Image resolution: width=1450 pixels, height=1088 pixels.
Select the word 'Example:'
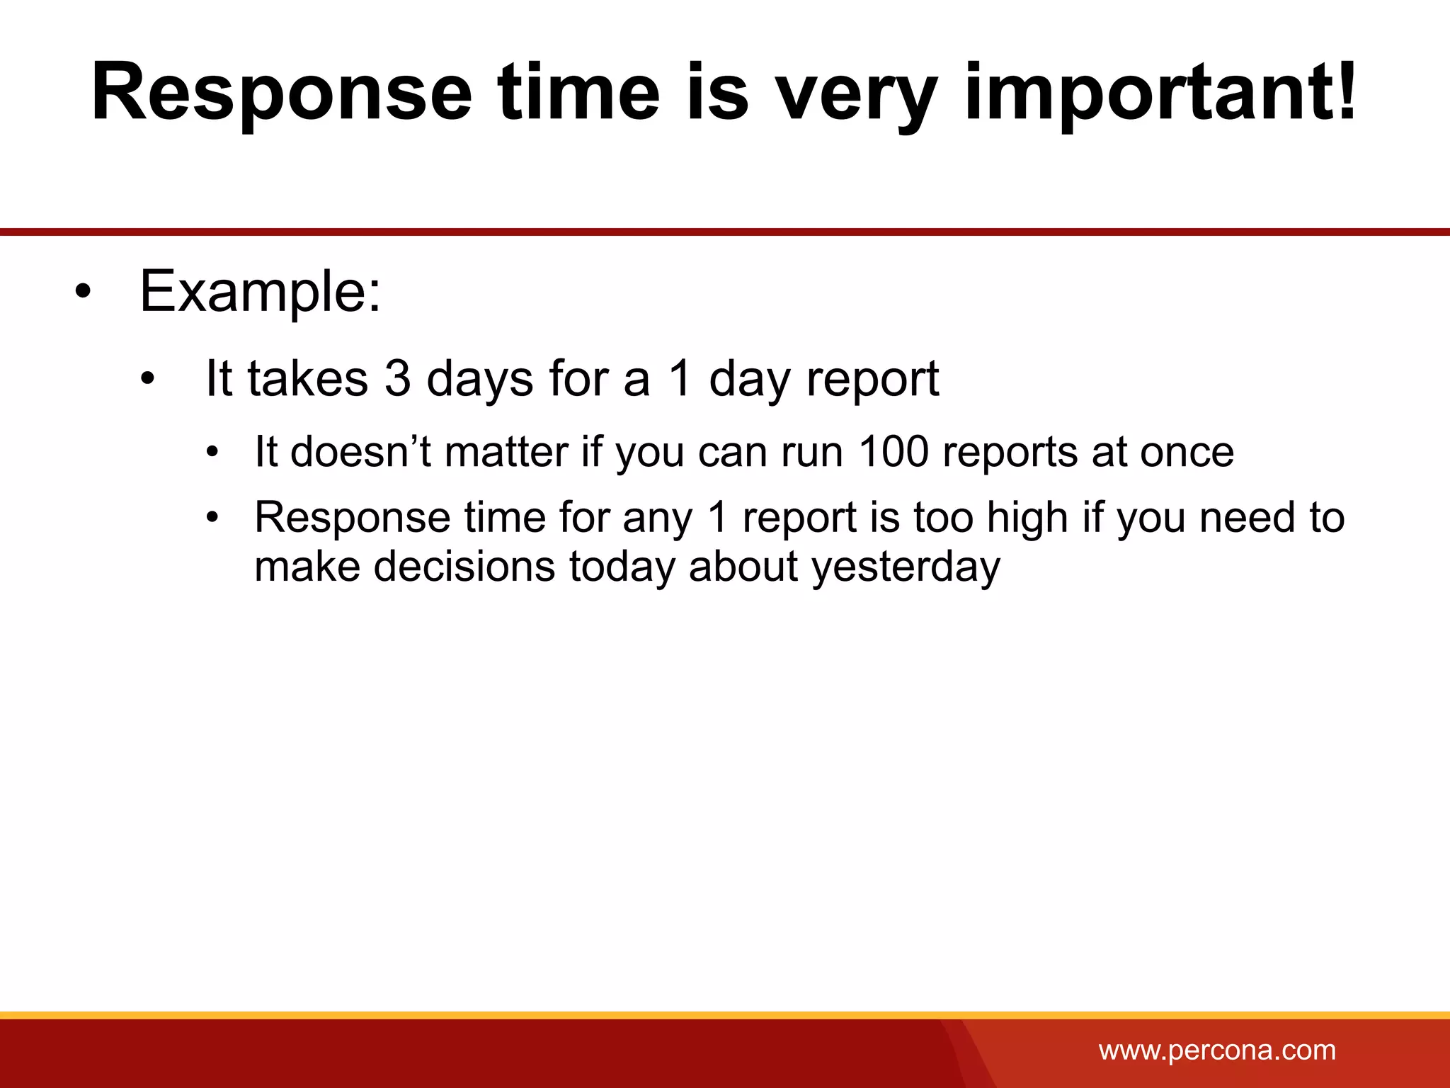(x=260, y=292)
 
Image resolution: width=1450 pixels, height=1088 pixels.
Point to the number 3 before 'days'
(x=397, y=378)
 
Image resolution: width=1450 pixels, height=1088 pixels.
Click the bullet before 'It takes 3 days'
(x=147, y=378)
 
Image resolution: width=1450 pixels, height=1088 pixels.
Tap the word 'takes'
(x=307, y=378)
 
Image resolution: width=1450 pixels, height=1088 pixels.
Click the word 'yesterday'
(x=906, y=567)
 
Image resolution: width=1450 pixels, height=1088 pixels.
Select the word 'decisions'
(x=464, y=567)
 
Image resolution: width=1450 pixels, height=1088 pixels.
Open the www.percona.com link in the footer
(x=1217, y=1050)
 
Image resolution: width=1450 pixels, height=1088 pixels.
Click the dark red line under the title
(x=725, y=232)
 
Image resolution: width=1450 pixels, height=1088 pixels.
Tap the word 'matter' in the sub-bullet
(x=506, y=451)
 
